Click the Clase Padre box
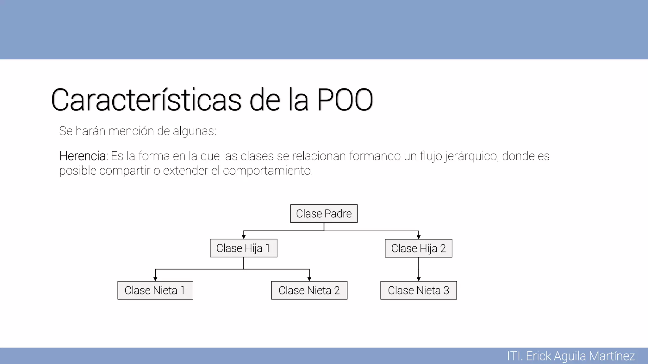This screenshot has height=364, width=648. [x=324, y=214]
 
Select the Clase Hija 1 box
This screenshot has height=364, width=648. [x=243, y=248]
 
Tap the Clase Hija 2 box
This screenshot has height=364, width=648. [x=418, y=248]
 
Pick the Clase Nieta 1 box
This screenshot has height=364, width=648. [x=155, y=290]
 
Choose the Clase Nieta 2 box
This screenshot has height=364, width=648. [x=309, y=290]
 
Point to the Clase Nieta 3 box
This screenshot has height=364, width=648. [x=418, y=290]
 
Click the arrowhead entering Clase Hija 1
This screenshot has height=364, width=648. [x=244, y=237]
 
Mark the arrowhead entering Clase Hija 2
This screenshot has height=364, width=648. [x=419, y=237]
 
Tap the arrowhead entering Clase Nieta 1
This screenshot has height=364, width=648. [x=155, y=279]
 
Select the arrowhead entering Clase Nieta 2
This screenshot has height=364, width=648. [x=309, y=279]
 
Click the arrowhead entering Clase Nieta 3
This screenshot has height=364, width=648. [x=419, y=279]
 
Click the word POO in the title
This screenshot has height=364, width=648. [x=345, y=100]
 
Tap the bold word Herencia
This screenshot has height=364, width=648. [x=83, y=156]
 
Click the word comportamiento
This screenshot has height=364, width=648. [x=268, y=171]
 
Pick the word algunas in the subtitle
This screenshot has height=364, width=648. [x=194, y=131]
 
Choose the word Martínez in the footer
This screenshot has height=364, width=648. [x=612, y=356]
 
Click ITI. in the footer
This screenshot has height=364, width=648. [x=514, y=356]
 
